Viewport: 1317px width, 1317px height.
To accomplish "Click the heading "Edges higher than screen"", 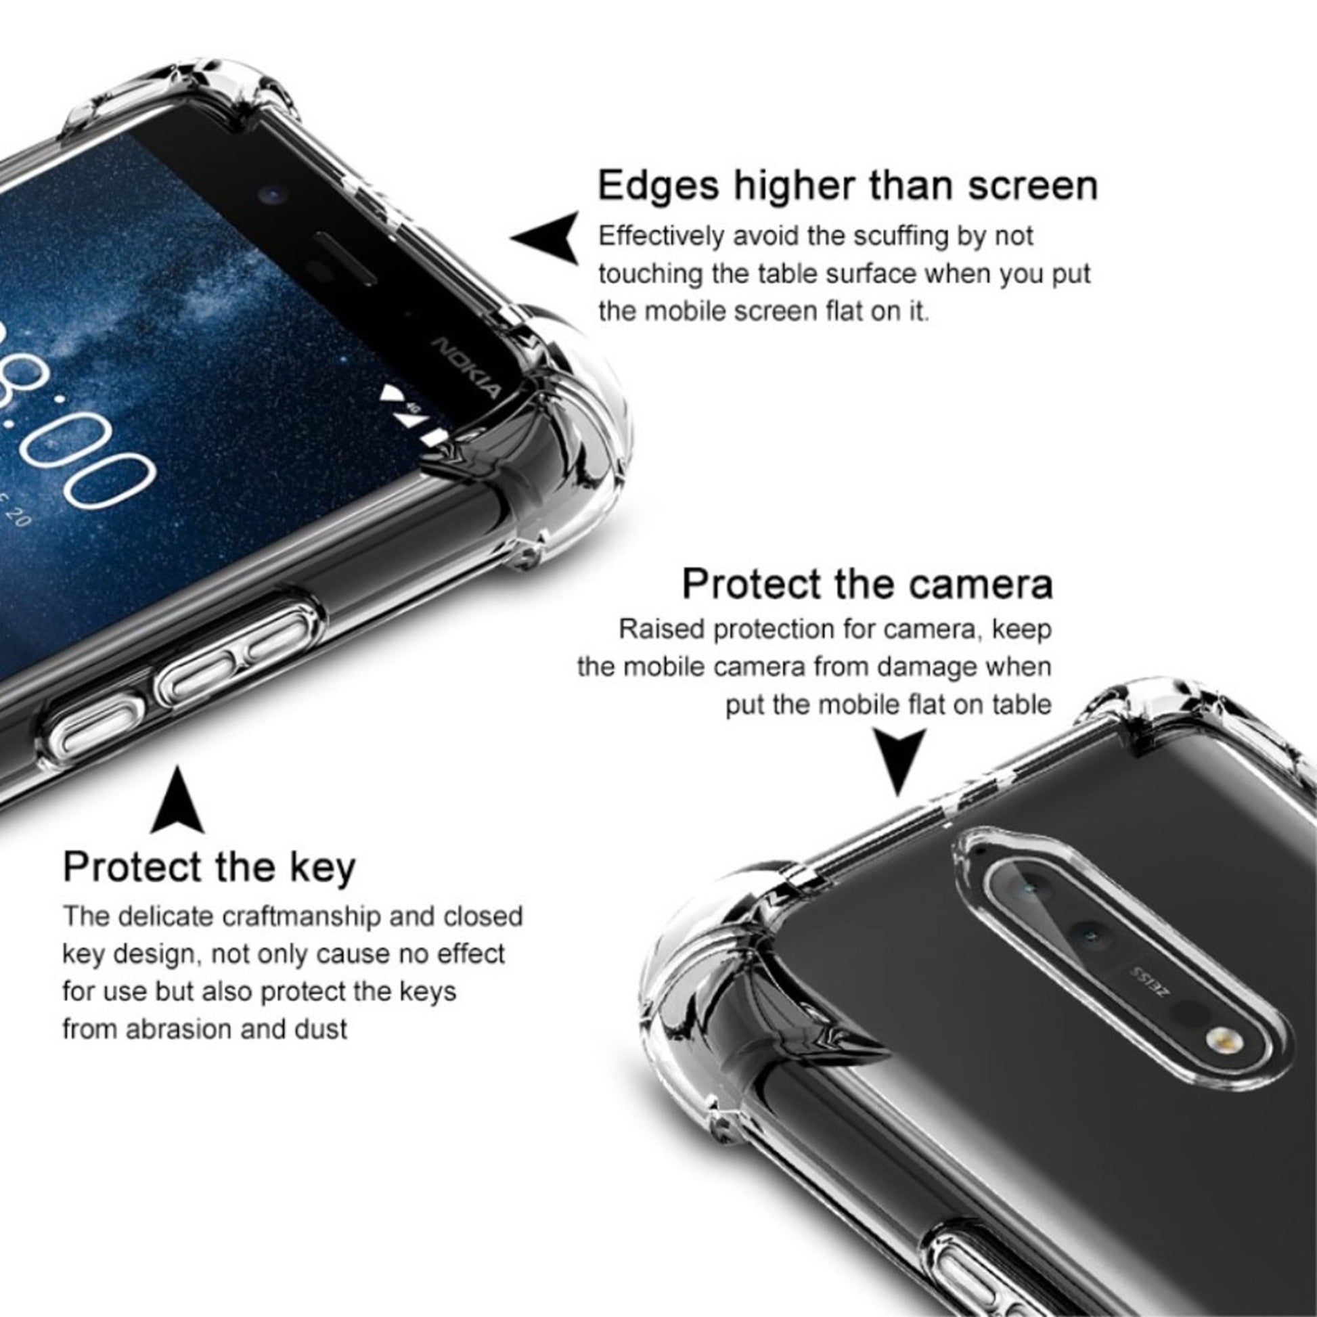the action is (847, 185).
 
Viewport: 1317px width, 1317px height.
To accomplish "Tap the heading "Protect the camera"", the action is (867, 583).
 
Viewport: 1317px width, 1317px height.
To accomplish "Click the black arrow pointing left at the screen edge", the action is (545, 238).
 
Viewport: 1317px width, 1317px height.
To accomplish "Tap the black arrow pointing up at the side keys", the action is (177, 799).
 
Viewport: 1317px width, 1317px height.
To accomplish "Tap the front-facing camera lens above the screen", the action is (273, 196).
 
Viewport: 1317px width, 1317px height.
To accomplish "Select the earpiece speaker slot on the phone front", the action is (345, 259).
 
